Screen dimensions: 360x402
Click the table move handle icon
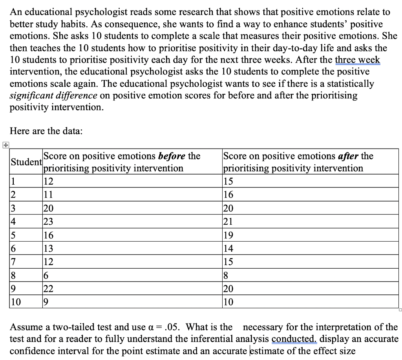pyautogui.click(x=5, y=145)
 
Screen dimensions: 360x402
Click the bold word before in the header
pyautogui.click(x=172, y=156)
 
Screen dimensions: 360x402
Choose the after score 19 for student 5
pyautogui.click(x=228, y=235)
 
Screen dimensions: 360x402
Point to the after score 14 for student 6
pyautogui.click(x=228, y=248)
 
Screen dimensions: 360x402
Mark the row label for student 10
pyautogui.click(x=16, y=302)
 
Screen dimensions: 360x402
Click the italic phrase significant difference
pyautogui.click(x=53, y=95)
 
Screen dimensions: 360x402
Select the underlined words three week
pyautogui.click(x=357, y=60)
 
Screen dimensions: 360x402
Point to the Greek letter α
pyautogui.click(x=157, y=327)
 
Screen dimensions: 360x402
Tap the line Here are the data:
pyautogui.click(x=46, y=131)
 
